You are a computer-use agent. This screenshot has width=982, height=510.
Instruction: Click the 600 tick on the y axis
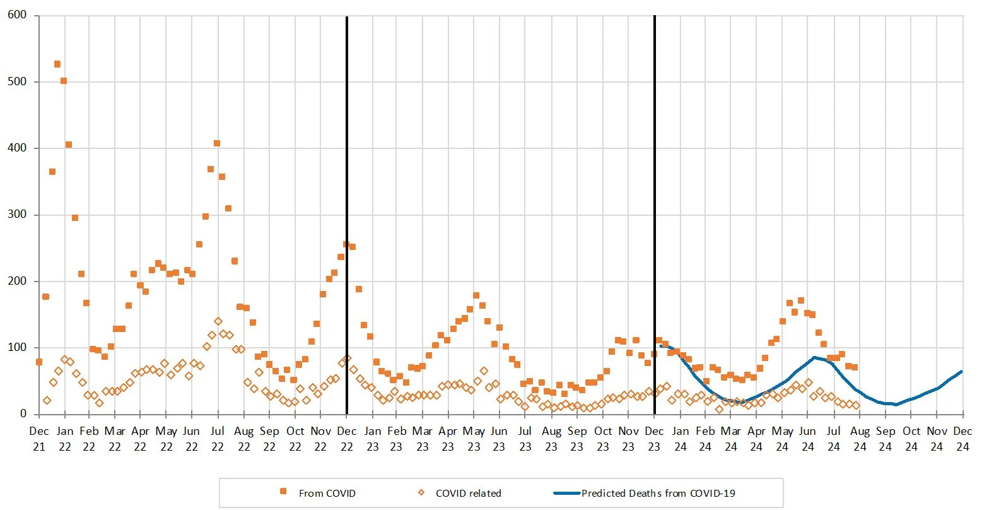click(17, 15)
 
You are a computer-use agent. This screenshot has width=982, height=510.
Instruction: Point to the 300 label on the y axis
click(17, 215)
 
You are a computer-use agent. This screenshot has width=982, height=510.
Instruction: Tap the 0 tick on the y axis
click(23, 414)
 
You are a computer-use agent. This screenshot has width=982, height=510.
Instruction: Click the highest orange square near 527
click(57, 64)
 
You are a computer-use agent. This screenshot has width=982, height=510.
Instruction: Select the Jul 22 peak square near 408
click(217, 143)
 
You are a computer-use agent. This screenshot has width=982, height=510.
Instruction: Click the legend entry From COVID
click(327, 493)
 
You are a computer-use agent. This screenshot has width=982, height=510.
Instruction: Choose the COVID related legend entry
click(468, 493)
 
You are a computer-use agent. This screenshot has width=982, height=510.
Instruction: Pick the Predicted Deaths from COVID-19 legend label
click(658, 493)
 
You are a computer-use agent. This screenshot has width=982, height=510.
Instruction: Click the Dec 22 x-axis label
click(346, 438)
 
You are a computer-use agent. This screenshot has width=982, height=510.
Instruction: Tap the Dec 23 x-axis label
click(654, 438)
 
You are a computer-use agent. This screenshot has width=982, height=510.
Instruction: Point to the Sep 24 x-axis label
click(886, 438)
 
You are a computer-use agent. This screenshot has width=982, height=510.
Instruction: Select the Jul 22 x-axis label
click(218, 438)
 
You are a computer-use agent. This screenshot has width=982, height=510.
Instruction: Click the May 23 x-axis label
click(474, 438)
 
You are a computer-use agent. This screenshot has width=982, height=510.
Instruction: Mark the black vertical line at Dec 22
click(347, 189)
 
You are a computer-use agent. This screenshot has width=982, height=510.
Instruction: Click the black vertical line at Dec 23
click(655, 189)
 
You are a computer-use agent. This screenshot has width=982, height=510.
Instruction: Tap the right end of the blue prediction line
click(962, 371)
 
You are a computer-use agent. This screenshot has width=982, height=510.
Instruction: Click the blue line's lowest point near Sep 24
click(896, 405)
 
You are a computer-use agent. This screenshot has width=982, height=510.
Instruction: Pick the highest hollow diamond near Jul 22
click(218, 321)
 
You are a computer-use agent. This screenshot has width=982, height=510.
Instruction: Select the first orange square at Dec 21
click(39, 362)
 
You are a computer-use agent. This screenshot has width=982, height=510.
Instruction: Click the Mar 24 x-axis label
click(731, 438)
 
